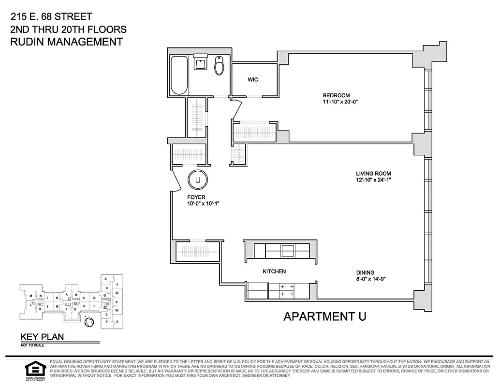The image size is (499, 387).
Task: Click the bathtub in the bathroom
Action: coord(179,75)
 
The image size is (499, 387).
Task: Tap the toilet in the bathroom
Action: coord(220,66)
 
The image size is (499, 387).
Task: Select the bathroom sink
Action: coord(200,63)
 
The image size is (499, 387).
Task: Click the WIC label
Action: coord(253,80)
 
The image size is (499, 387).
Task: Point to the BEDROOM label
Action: coord(336,95)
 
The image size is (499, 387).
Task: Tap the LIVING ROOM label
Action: coord(373,174)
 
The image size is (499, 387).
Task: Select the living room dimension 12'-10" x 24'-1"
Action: coord(373,180)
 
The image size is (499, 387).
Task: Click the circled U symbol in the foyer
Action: coord(197,180)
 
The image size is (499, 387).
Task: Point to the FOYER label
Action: coord(197,197)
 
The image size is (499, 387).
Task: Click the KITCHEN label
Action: coord(274,272)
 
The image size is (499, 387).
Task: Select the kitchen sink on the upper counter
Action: coord(288,251)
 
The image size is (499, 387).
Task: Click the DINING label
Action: coord(366,272)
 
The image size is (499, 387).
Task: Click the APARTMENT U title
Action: coord(324,317)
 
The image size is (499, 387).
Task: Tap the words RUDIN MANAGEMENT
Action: coord(66,42)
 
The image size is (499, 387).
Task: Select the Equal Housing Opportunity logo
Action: coord(34,370)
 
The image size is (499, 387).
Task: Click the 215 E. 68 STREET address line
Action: coord(51,17)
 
